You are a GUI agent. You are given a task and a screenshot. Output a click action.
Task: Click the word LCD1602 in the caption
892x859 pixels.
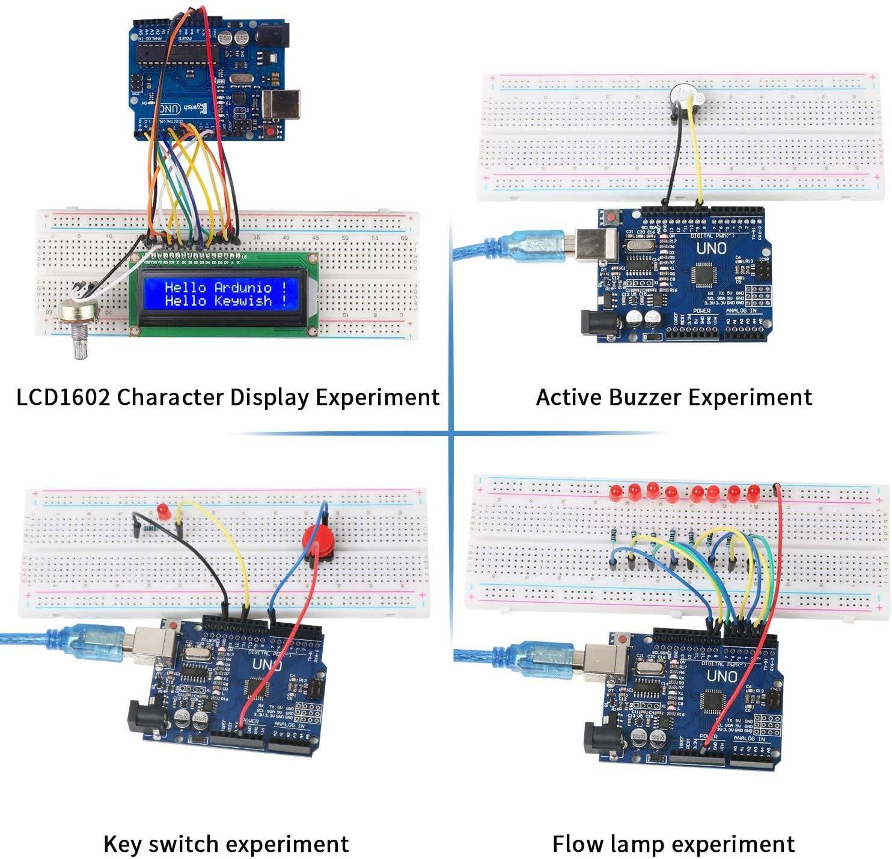tap(63, 398)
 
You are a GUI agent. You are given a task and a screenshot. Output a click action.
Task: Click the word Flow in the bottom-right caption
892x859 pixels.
tap(578, 843)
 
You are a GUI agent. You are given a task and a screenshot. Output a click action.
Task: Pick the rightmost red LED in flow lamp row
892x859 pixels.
tap(753, 492)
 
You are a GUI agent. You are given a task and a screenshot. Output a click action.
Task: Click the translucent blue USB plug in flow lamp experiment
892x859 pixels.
tap(541, 659)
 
